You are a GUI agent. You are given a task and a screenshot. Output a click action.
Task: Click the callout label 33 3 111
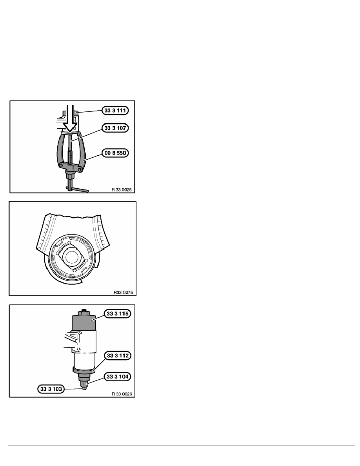tap(115, 111)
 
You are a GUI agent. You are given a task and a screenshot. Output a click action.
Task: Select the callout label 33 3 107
tap(115, 128)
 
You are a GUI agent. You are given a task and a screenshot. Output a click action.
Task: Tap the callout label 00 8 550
tap(115, 153)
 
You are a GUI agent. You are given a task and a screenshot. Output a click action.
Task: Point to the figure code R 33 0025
tap(122, 189)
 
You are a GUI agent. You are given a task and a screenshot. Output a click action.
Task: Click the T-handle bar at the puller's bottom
tap(77, 189)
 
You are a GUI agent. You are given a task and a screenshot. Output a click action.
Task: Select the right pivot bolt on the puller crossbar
tap(80, 169)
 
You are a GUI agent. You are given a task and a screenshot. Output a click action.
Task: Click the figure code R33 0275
tap(123, 293)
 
